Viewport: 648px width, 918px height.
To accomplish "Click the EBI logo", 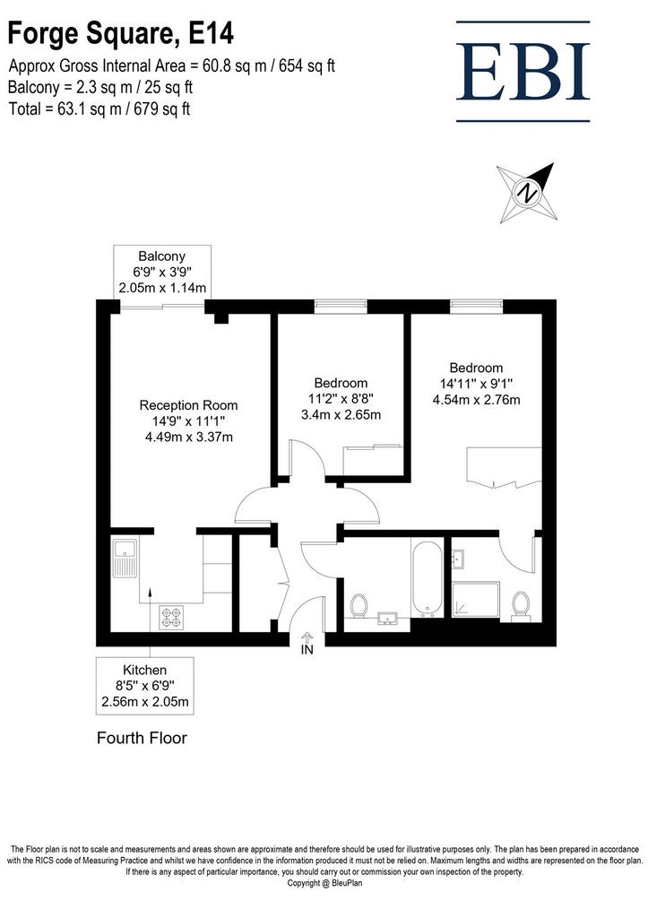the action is point(523,72).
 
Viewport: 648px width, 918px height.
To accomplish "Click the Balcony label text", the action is point(161,255).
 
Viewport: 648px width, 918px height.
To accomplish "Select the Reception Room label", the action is point(188,405).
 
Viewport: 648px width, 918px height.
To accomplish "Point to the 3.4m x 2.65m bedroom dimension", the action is point(341,414).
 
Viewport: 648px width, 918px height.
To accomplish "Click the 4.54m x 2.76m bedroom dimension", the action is point(477,400).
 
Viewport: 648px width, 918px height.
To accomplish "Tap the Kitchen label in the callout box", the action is point(144,670).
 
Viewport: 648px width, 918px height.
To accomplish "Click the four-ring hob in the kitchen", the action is point(171,617).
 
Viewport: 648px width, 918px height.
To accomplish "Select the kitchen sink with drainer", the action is point(125,559).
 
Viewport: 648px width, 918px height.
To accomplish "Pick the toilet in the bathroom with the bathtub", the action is point(359,606).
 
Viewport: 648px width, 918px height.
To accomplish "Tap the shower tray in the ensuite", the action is point(476,600).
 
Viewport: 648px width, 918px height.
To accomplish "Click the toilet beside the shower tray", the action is point(520,606).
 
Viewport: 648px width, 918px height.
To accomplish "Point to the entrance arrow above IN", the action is point(307,637).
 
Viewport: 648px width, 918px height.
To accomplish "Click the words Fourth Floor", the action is point(142,738).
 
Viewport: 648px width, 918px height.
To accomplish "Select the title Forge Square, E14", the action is point(121,33).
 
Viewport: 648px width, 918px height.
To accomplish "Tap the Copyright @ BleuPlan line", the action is point(324,883).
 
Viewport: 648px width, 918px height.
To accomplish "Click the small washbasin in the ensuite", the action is point(458,559).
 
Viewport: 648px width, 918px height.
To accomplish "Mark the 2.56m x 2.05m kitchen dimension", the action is point(145,701).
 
